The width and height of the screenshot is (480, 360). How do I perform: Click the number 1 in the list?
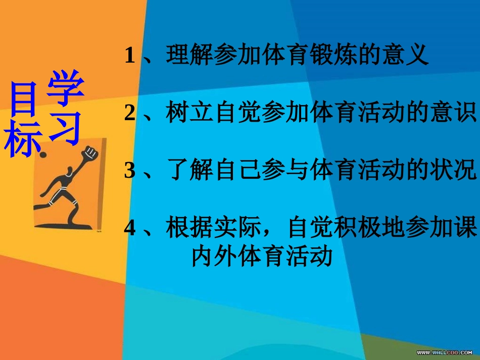tap(130, 56)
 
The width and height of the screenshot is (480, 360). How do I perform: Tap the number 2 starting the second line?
tap(130, 114)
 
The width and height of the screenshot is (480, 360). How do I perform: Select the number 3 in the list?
tap(130, 171)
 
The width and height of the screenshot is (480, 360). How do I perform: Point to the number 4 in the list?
tap(130, 229)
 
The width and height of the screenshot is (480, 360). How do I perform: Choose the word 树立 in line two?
tap(190, 113)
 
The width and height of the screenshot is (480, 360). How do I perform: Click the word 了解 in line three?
tap(190, 171)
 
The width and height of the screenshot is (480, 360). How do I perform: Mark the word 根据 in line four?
tap(190, 229)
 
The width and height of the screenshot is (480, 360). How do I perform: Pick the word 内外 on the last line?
tap(214, 256)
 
